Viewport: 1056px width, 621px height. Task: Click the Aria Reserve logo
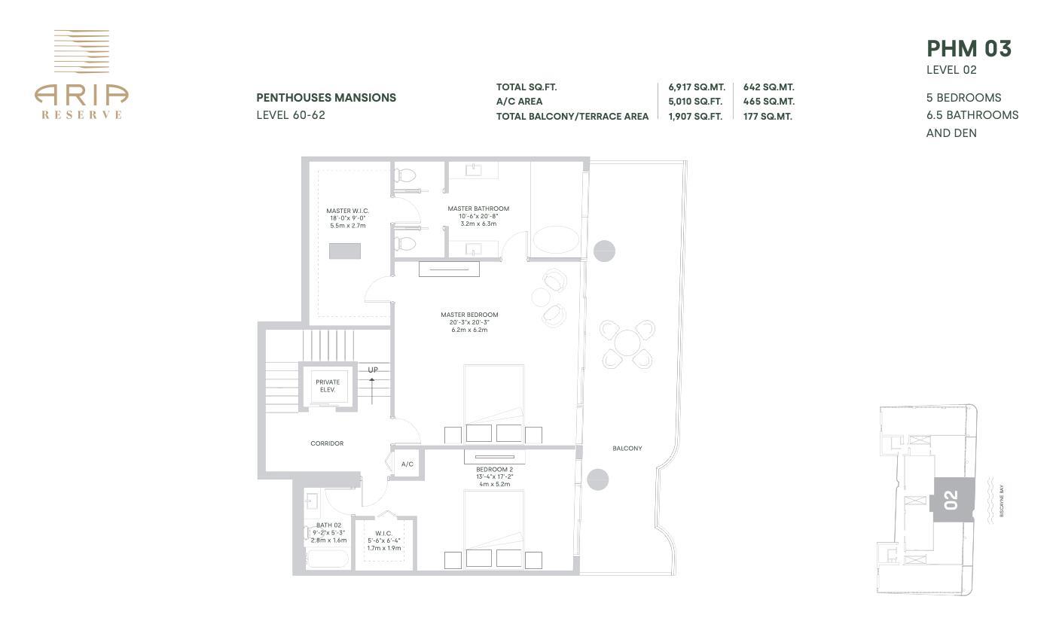(x=81, y=75)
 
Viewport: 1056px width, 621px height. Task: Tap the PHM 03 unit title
(x=969, y=49)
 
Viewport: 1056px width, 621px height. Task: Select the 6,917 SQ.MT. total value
(x=696, y=87)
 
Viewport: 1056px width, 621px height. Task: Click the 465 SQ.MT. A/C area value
(x=768, y=102)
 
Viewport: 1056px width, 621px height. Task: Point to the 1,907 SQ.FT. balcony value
(x=694, y=117)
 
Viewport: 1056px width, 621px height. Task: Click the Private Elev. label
(x=327, y=385)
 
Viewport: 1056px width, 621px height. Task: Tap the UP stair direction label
(x=373, y=370)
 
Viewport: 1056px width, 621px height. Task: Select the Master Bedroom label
(x=469, y=315)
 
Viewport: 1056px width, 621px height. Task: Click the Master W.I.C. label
(x=347, y=211)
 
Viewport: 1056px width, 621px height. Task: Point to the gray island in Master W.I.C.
(x=344, y=251)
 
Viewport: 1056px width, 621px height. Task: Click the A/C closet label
(x=407, y=464)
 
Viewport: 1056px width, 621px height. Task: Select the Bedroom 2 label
(x=494, y=469)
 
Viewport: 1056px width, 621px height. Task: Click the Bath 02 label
(x=328, y=525)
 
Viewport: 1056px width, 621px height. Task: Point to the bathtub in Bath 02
(x=327, y=559)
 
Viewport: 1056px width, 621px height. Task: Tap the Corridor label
(x=327, y=443)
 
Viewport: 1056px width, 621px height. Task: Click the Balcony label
(x=627, y=449)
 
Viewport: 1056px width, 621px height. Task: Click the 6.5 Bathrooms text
(x=972, y=115)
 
